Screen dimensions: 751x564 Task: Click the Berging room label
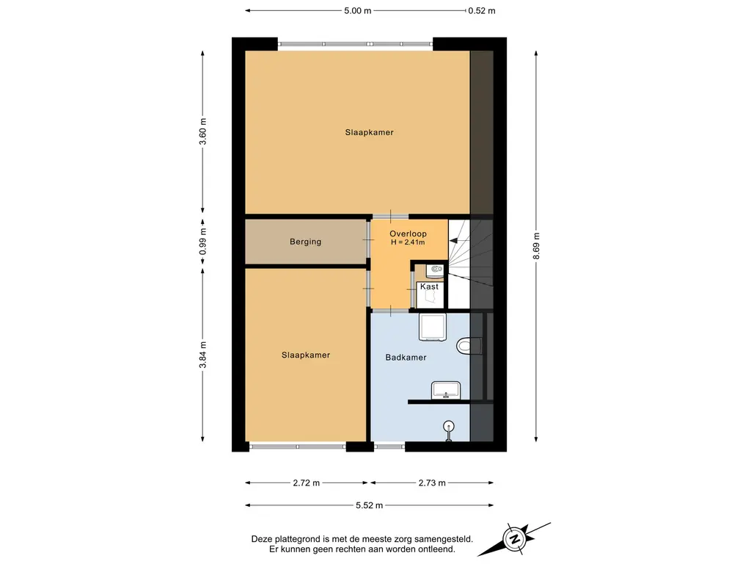click(x=305, y=242)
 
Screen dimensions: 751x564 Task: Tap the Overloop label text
click(x=408, y=234)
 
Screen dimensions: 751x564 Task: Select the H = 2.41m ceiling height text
click(x=408, y=242)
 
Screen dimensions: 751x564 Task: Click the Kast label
click(x=429, y=286)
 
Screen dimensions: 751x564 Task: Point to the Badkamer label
click(x=406, y=358)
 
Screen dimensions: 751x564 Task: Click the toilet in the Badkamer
click(x=469, y=346)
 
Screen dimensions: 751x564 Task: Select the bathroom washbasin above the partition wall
click(x=446, y=391)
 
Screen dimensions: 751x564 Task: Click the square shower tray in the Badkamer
click(x=433, y=327)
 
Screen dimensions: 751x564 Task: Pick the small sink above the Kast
click(x=436, y=270)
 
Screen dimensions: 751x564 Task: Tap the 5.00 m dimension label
click(x=357, y=10)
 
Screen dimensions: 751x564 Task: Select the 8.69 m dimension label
click(x=536, y=246)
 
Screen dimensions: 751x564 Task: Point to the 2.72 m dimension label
click(x=306, y=483)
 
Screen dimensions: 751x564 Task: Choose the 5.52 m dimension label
click(x=370, y=505)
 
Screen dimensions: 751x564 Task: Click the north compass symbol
click(x=515, y=539)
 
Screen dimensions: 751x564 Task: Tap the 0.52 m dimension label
click(x=482, y=10)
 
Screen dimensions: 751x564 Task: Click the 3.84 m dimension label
click(x=203, y=355)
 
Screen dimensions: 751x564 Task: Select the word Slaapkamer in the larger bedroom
click(x=370, y=132)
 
